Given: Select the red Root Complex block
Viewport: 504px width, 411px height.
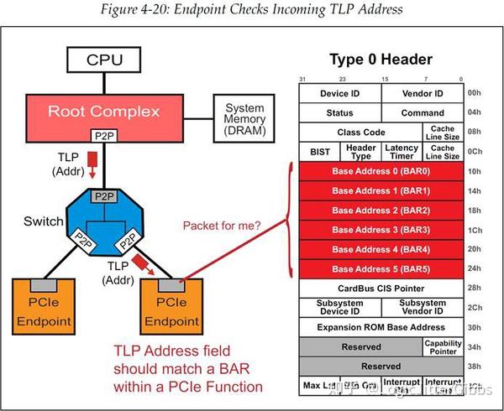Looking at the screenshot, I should pyautogui.click(x=115, y=111).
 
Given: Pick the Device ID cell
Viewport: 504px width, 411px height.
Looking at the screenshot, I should pyautogui.click(x=339, y=93).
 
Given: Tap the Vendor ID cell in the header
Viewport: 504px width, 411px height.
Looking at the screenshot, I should pyautogui.click(x=422, y=93).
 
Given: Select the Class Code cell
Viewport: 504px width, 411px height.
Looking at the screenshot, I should pyautogui.click(x=360, y=133).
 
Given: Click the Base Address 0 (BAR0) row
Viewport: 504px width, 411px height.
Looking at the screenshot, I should pyautogui.click(x=381, y=171).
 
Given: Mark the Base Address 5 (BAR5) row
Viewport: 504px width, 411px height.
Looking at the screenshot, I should pyautogui.click(x=381, y=268).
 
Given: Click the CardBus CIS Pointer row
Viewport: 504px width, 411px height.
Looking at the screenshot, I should pyautogui.click(x=381, y=288).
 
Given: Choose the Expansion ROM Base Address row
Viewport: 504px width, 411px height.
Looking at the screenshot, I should pyautogui.click(x=381, y=327).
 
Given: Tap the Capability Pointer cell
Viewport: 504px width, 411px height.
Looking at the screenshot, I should pyautogui.click(x=442, y=346).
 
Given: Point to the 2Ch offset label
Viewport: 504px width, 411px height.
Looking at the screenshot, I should pyautogui.click(x=475, y=308).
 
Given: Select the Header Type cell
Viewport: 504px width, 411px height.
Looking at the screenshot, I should pyautogui.click(x=360, y=152).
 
